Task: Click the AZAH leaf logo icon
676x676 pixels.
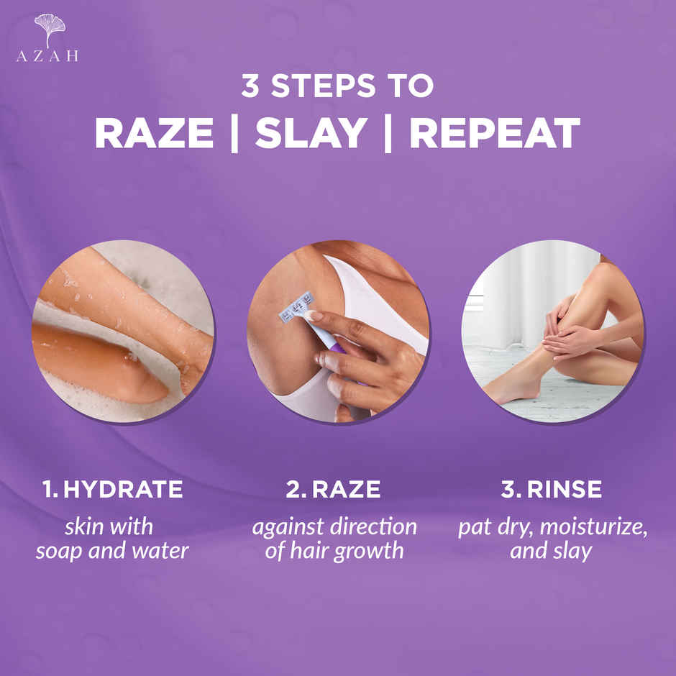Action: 49,29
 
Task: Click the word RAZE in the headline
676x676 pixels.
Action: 154,133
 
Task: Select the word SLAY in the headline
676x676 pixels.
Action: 311,133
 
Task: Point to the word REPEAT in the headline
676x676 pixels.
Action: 495,133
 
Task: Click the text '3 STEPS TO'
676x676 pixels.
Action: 337,86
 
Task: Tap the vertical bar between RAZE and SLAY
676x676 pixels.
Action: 234,133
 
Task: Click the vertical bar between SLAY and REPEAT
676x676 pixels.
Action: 388,133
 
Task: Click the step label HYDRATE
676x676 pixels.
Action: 123,490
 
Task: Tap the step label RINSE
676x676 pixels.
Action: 565,490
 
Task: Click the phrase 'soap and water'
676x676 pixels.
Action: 112,552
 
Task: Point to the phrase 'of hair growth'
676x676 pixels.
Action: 334,552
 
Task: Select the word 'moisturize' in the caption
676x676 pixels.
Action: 593,526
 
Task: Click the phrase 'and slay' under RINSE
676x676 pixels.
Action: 551,552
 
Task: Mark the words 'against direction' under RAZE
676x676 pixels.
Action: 334,526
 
